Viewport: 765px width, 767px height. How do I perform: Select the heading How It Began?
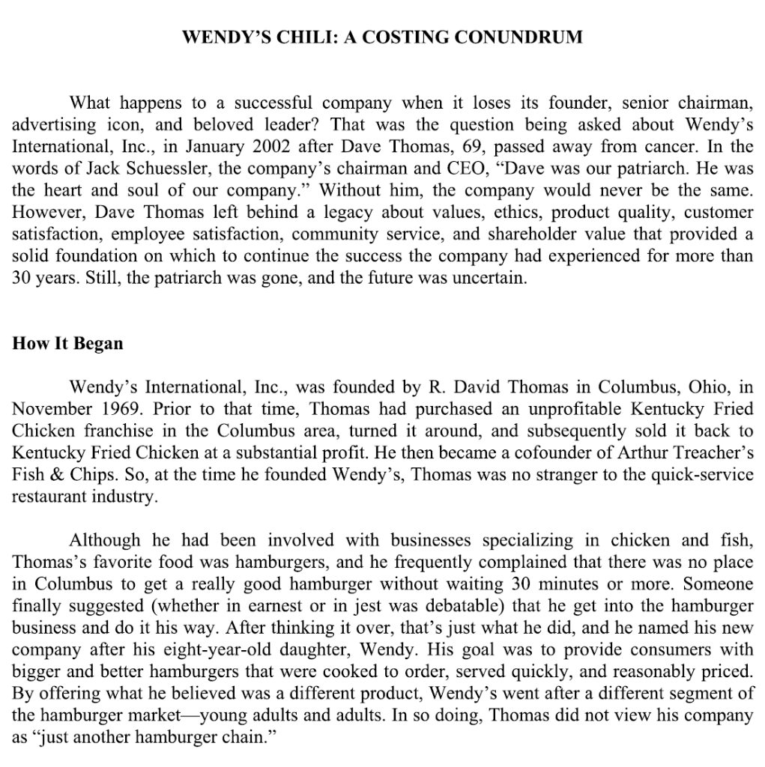(x=67, y=344)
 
